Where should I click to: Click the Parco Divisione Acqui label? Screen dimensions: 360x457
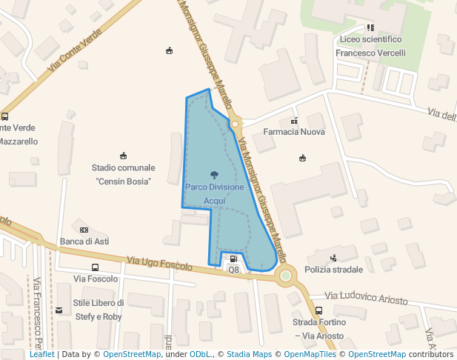click(x=214, y=194)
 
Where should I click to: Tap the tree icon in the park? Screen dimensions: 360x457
click(x=214, y=175)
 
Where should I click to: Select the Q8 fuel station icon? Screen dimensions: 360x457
click(x=233, y=259)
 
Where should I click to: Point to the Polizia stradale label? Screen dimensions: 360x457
click(x=333, y=270)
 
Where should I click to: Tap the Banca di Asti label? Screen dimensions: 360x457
click(x=84, y=241)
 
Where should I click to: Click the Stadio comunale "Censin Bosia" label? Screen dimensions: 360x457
click(x=123, y=174)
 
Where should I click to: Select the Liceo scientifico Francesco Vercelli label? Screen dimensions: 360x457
click(x=370, y=46)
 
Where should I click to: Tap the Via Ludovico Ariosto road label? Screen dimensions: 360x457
click(x=366, y=297)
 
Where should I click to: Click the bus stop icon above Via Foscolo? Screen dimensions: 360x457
click(x=95, y=267)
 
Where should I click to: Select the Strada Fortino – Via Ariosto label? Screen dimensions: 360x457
click(x=318, y=330)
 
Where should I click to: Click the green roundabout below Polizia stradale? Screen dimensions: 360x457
click(x=285, y=276)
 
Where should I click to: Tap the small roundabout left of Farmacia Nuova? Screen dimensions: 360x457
click(x=236, y=124)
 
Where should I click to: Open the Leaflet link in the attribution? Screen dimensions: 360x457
click(x=41, y=355)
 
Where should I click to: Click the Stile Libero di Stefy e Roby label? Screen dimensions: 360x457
click(x=98, y=310)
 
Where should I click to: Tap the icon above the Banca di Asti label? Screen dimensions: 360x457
click(x=84, y=230)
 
